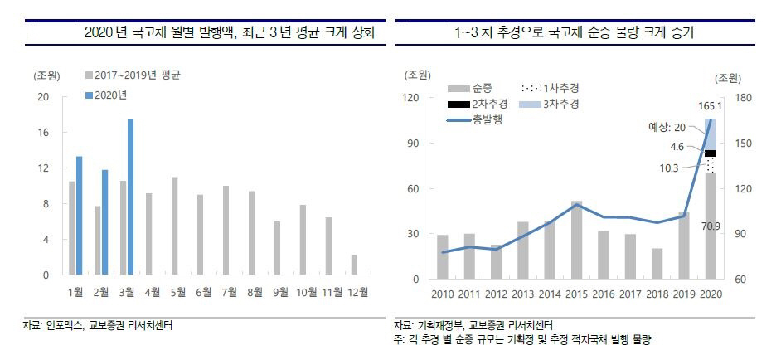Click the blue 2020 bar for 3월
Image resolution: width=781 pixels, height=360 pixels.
(x=130, y=197)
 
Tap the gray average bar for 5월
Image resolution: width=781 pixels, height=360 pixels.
(x=174, y=226)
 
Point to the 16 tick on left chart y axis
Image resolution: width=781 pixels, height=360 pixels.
(x=44, y=133)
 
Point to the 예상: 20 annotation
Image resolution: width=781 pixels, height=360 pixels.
(x=667, y=127)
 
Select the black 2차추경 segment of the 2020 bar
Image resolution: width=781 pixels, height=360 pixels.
(x=710, y=153)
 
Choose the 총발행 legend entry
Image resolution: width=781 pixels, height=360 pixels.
(x=489, y=119)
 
